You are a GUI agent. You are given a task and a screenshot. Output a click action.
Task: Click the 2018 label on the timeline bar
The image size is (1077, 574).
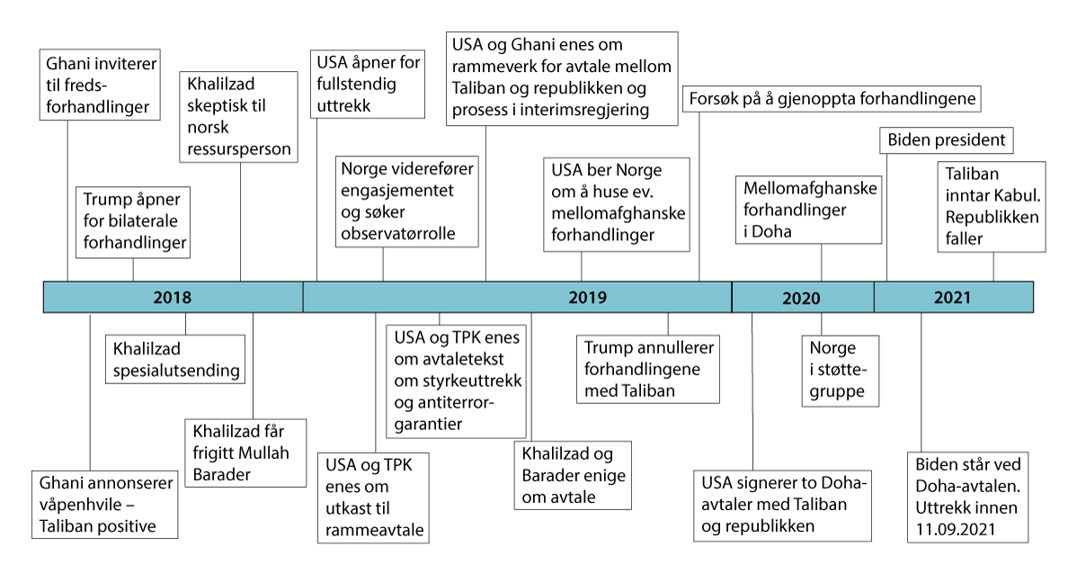click(173, 297)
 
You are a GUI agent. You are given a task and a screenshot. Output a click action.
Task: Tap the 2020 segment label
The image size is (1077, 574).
click(801, 298)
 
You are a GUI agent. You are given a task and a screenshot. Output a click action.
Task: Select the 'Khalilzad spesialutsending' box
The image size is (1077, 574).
click(176, 357)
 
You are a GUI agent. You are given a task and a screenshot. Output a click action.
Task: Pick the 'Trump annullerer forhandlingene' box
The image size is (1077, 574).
click(648, 369)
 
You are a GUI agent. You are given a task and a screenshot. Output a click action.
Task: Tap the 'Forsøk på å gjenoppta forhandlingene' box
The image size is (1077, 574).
click(831, 97)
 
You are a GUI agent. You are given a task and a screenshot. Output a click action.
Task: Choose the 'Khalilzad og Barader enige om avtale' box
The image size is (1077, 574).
click(573, 474)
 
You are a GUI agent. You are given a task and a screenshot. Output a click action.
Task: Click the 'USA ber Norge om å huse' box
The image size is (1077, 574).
click(617, 203)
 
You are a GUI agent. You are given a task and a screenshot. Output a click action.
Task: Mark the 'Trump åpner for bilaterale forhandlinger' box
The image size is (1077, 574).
click(135, 220)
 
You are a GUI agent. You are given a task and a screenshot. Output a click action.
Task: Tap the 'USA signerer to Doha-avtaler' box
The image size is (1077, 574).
click(782, 505)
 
